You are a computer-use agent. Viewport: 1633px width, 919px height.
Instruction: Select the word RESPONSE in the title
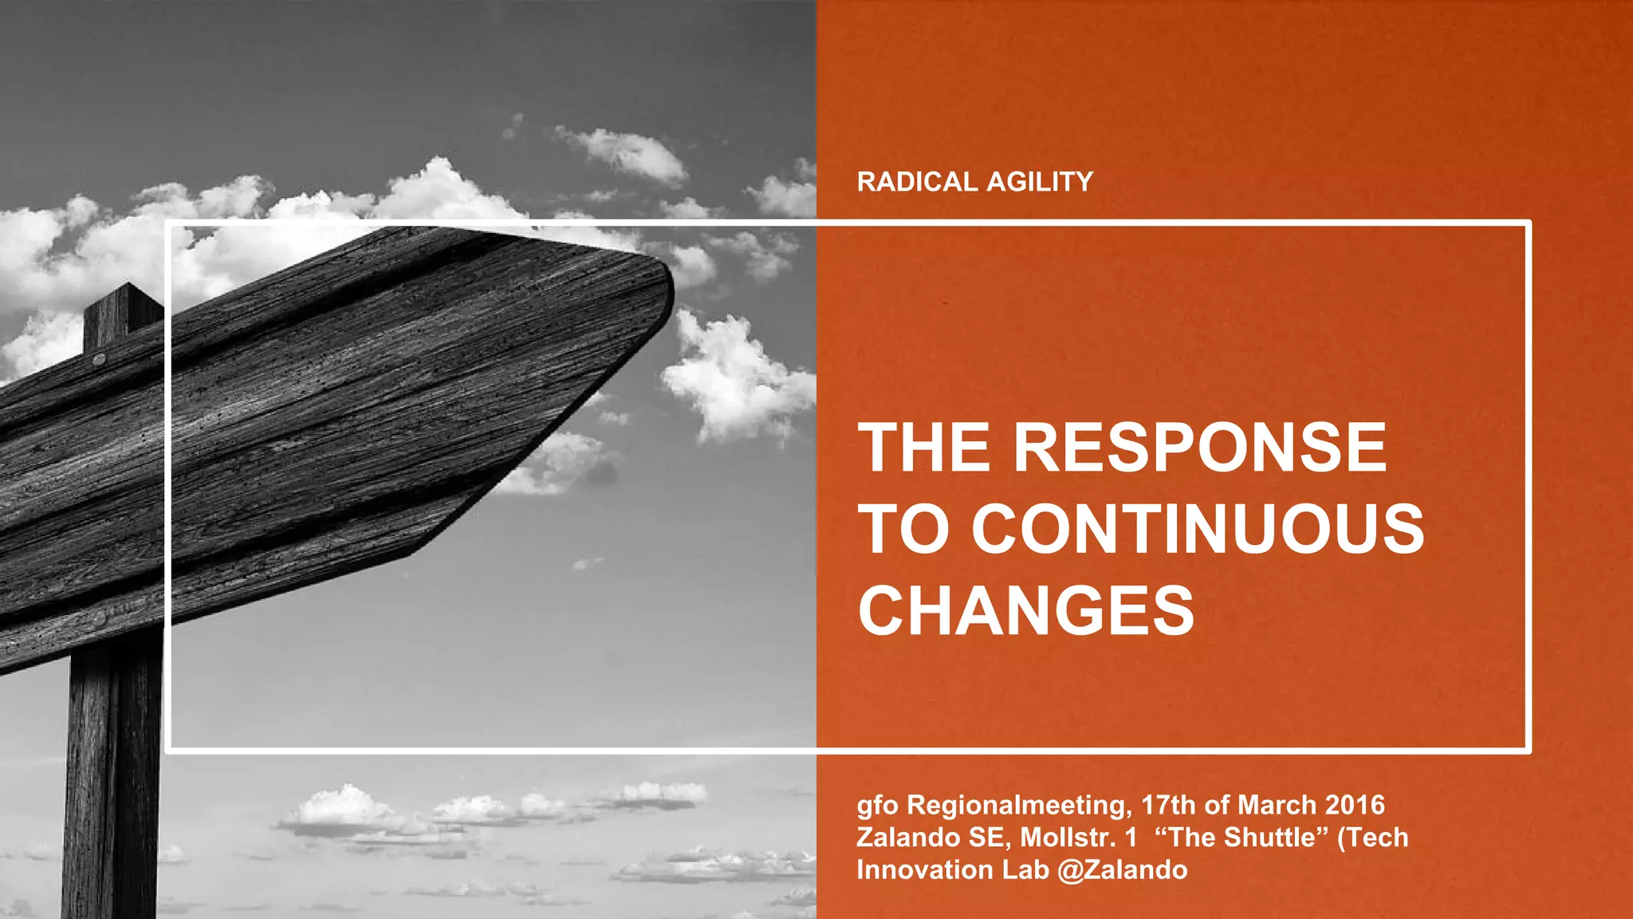(1200, 448)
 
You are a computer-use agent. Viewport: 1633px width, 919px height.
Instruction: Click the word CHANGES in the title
(1026, 611)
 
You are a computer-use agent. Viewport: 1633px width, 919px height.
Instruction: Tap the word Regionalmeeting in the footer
(1019, 806)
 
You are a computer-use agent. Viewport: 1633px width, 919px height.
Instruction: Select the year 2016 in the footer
(1356, 805)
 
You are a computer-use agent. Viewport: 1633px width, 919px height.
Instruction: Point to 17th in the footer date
(1169, 805)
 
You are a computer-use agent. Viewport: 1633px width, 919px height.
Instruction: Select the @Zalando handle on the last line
(1123, 870)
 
